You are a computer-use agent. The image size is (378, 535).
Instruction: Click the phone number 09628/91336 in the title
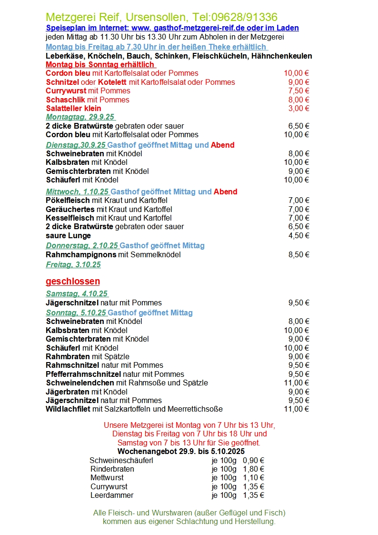[243, 18]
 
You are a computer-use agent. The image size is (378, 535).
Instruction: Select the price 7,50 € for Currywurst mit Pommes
[298, 91]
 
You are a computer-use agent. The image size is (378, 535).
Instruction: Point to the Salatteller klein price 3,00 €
[298, 108]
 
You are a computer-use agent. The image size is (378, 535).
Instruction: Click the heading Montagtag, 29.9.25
[80, 117]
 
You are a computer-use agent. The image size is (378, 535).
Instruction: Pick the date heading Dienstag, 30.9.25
[76, 145]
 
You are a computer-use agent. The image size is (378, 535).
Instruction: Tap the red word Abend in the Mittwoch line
[225, 192]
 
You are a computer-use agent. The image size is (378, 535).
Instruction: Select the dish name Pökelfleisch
[68, 201]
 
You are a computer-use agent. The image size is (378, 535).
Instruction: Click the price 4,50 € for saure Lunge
[298, 235]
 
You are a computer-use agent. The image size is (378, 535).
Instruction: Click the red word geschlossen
[73, 281]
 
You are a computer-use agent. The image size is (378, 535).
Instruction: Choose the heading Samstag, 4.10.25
[77, 293]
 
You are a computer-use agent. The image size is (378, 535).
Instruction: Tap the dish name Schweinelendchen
[80, 383]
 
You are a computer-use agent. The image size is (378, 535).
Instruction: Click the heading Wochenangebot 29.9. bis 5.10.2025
[181, 451]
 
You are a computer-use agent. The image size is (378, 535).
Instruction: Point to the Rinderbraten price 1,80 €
[253, 469]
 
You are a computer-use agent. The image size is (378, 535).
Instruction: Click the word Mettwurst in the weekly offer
[107, 477]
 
